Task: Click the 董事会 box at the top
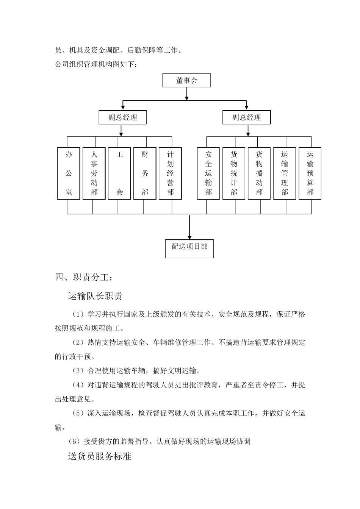[186, 81]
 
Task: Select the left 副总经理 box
[123, 117]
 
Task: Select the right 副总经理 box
[247, 117]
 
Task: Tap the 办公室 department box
[69, 173]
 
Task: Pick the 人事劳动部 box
[94, 173]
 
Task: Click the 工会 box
[119, 173]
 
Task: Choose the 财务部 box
[145, 173]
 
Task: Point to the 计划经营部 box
[170, 173]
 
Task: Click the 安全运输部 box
[208, 173]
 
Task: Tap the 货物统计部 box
[234, 173]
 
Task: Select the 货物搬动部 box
[259, 173]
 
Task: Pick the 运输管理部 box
[285, 173]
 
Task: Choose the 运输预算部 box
[310, 173]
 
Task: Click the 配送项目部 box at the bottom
[189, 248]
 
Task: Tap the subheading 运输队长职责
[95, 296]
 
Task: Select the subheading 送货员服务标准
[100, 456]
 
